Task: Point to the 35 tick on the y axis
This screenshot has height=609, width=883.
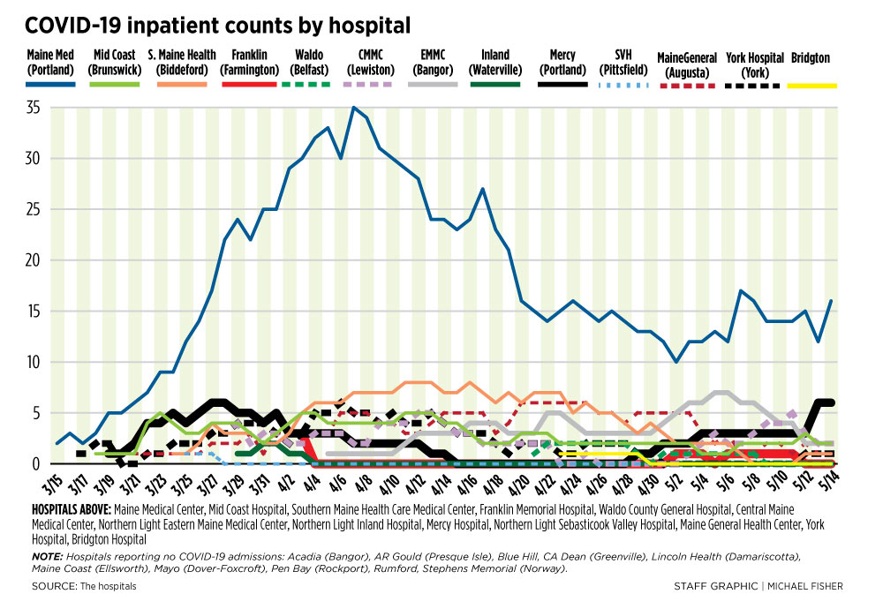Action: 36,108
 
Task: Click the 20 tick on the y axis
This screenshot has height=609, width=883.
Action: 36,260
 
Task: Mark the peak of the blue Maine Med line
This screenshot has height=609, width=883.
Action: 353,108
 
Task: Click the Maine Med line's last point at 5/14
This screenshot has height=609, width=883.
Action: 830,301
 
